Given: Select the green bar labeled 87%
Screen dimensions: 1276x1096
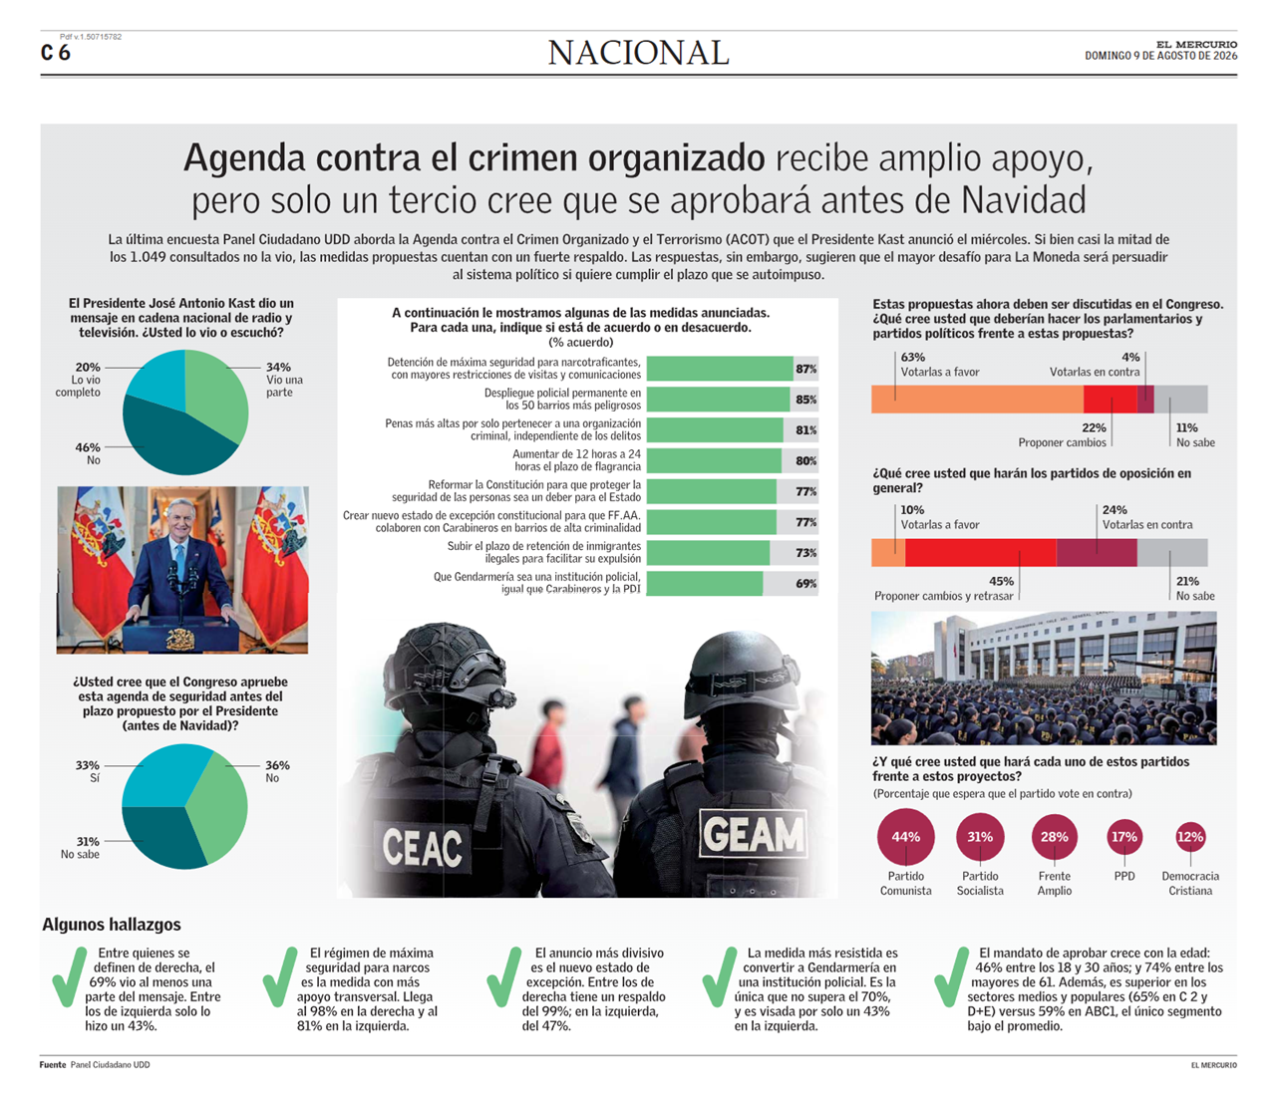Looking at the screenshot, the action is point(719,369).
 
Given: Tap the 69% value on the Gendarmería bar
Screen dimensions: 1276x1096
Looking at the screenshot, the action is point(805,584).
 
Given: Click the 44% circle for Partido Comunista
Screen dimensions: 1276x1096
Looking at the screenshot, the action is point(905,837).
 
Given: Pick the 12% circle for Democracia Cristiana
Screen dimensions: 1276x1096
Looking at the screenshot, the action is point(1190,837).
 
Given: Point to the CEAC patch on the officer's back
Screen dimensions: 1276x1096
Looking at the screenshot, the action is point(423,847).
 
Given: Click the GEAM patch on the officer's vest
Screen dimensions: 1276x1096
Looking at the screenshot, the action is point(753,834).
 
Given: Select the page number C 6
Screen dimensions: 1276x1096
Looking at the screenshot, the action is point(56,53).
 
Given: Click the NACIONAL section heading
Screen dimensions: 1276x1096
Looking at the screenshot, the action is point(638,53).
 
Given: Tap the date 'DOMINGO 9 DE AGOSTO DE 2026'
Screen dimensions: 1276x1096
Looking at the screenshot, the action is point(1160,56).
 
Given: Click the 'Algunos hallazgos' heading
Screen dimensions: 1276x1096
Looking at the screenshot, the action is point(112,925).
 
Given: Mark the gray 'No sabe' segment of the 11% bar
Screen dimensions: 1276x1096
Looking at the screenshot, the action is point(1181,400).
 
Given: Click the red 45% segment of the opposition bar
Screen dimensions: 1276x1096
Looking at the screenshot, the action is point(980,552).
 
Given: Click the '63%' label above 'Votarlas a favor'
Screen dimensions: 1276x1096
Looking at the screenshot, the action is point(912,358).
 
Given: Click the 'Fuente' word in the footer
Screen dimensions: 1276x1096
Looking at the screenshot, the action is point(53,1064).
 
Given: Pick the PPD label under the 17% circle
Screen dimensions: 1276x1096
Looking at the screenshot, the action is point(1124,877).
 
